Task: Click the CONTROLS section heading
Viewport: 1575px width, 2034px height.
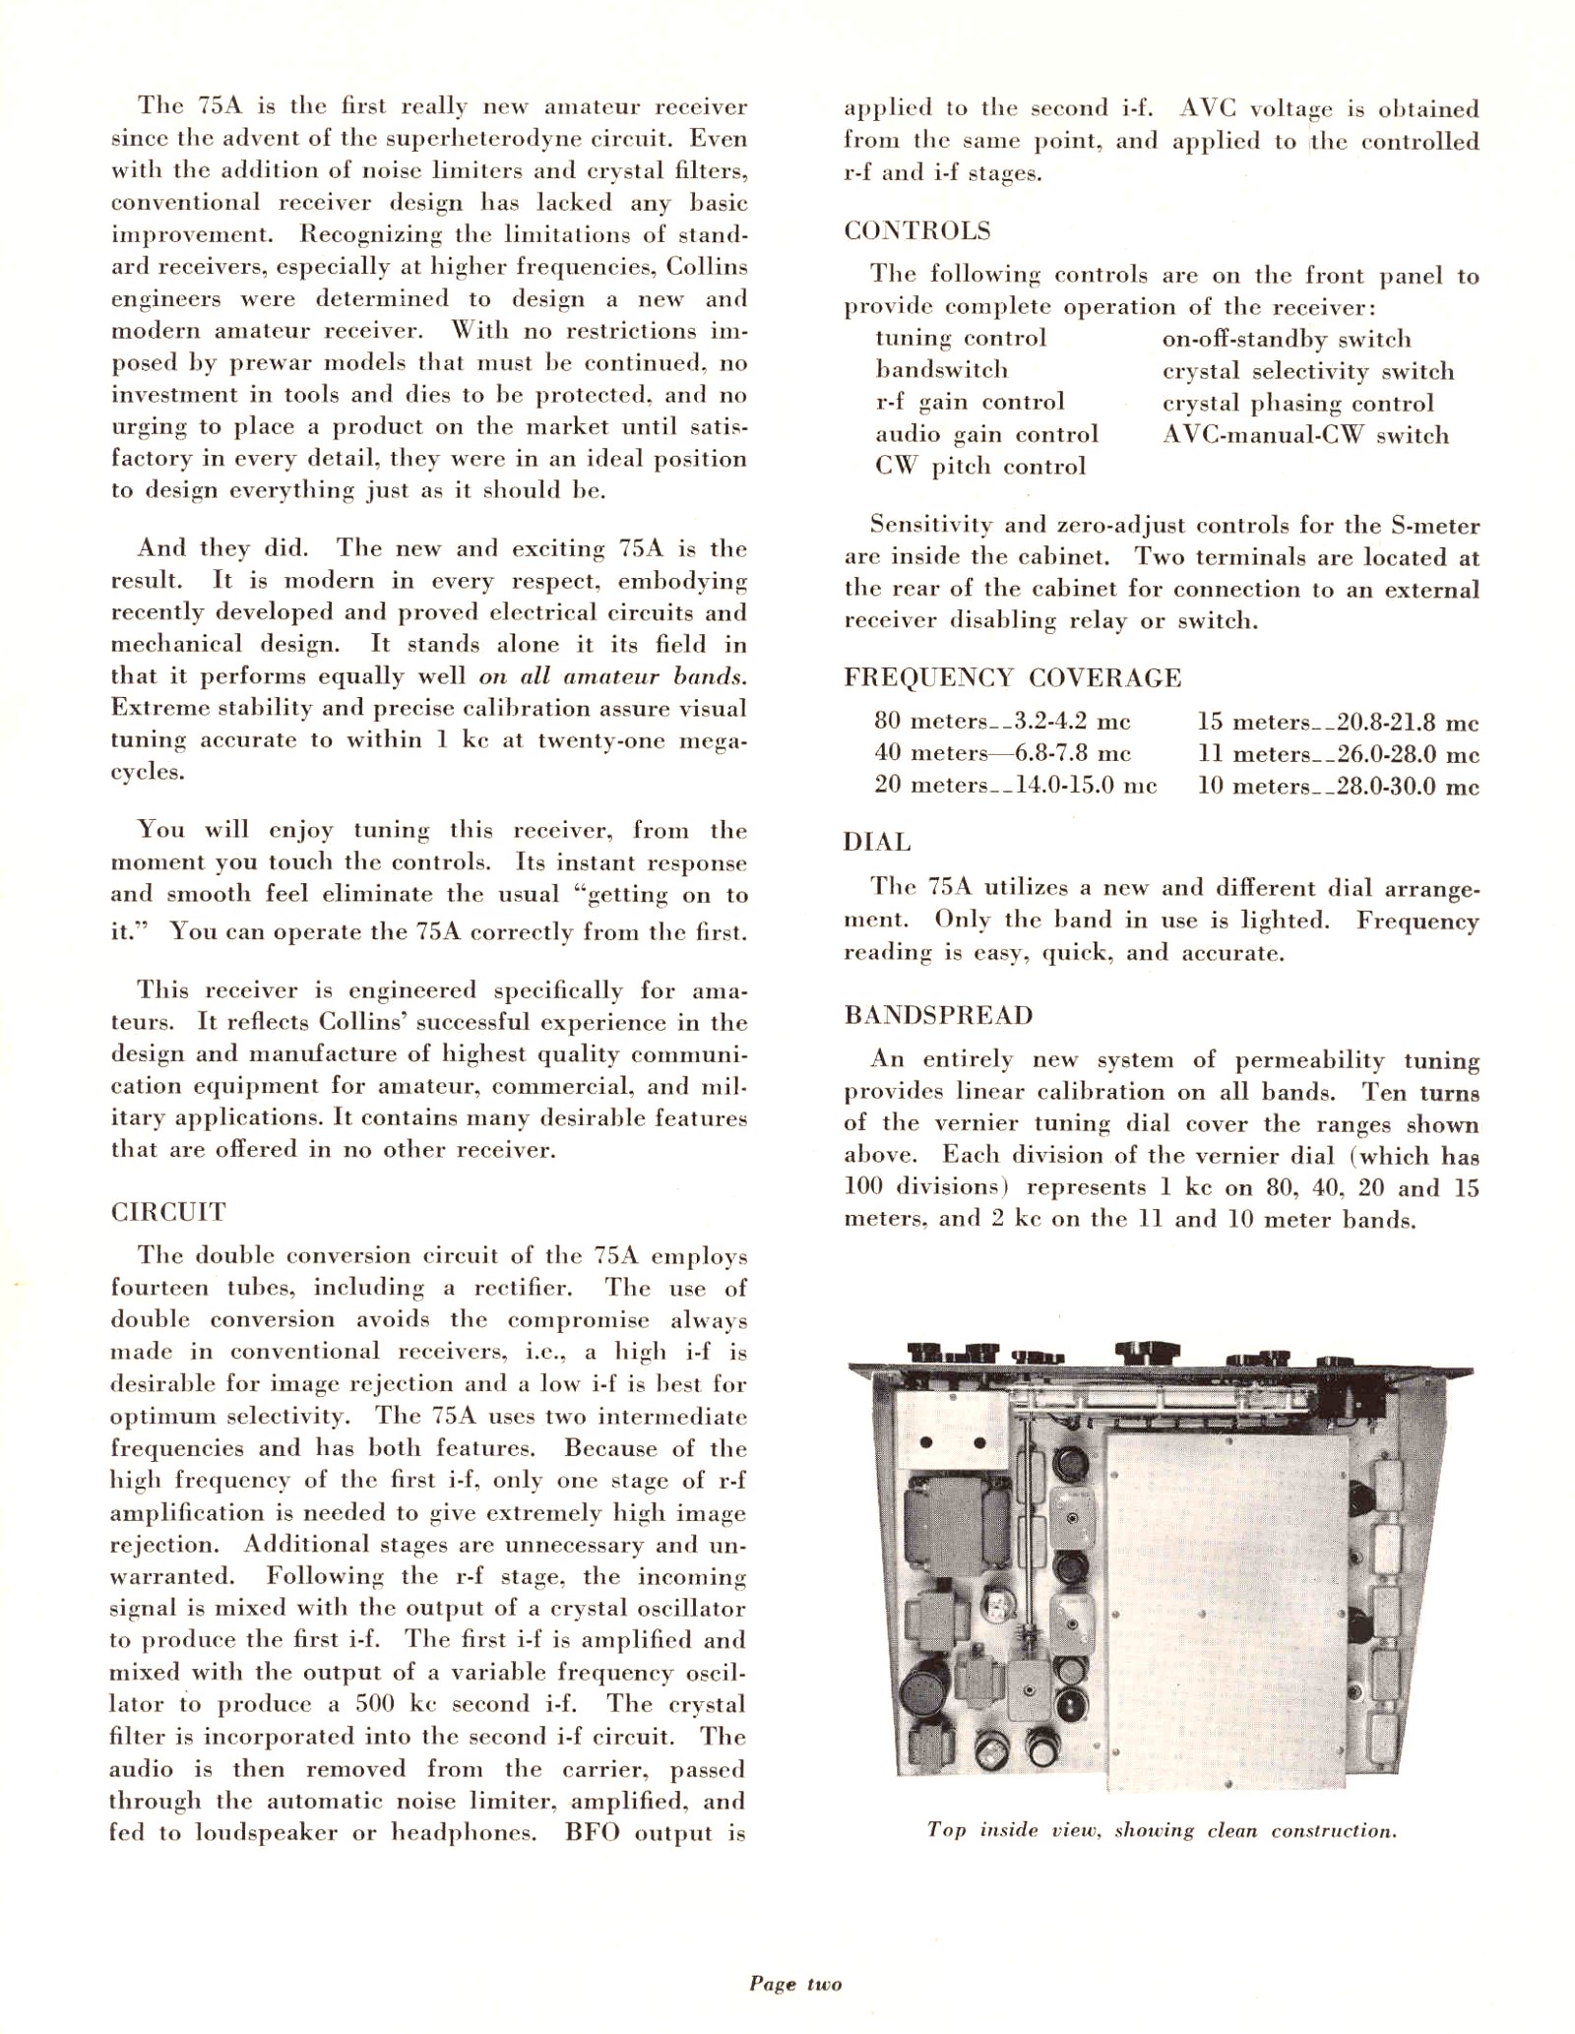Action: click(916, 231)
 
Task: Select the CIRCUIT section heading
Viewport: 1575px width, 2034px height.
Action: click(168, 1212)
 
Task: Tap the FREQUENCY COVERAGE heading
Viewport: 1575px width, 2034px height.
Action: click(1012, 678)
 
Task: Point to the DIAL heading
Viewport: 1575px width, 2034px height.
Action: click(877, 843)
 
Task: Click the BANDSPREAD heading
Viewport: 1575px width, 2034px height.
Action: click(938, 1016)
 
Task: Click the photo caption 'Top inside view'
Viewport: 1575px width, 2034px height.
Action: click(1162, 1831)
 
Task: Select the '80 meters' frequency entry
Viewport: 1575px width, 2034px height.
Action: click(1002, 722)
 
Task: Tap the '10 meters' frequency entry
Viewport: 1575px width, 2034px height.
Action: click(1338, 787)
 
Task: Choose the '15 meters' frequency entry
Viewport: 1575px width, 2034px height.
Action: click(1338, 723)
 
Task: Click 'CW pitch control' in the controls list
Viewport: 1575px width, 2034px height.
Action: click(980, 467)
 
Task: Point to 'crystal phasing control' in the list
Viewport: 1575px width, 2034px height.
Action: click(1297, 404)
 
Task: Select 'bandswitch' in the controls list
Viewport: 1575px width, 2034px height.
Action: click(941, 370)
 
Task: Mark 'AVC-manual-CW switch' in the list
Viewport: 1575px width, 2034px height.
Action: click(1305, 435)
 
